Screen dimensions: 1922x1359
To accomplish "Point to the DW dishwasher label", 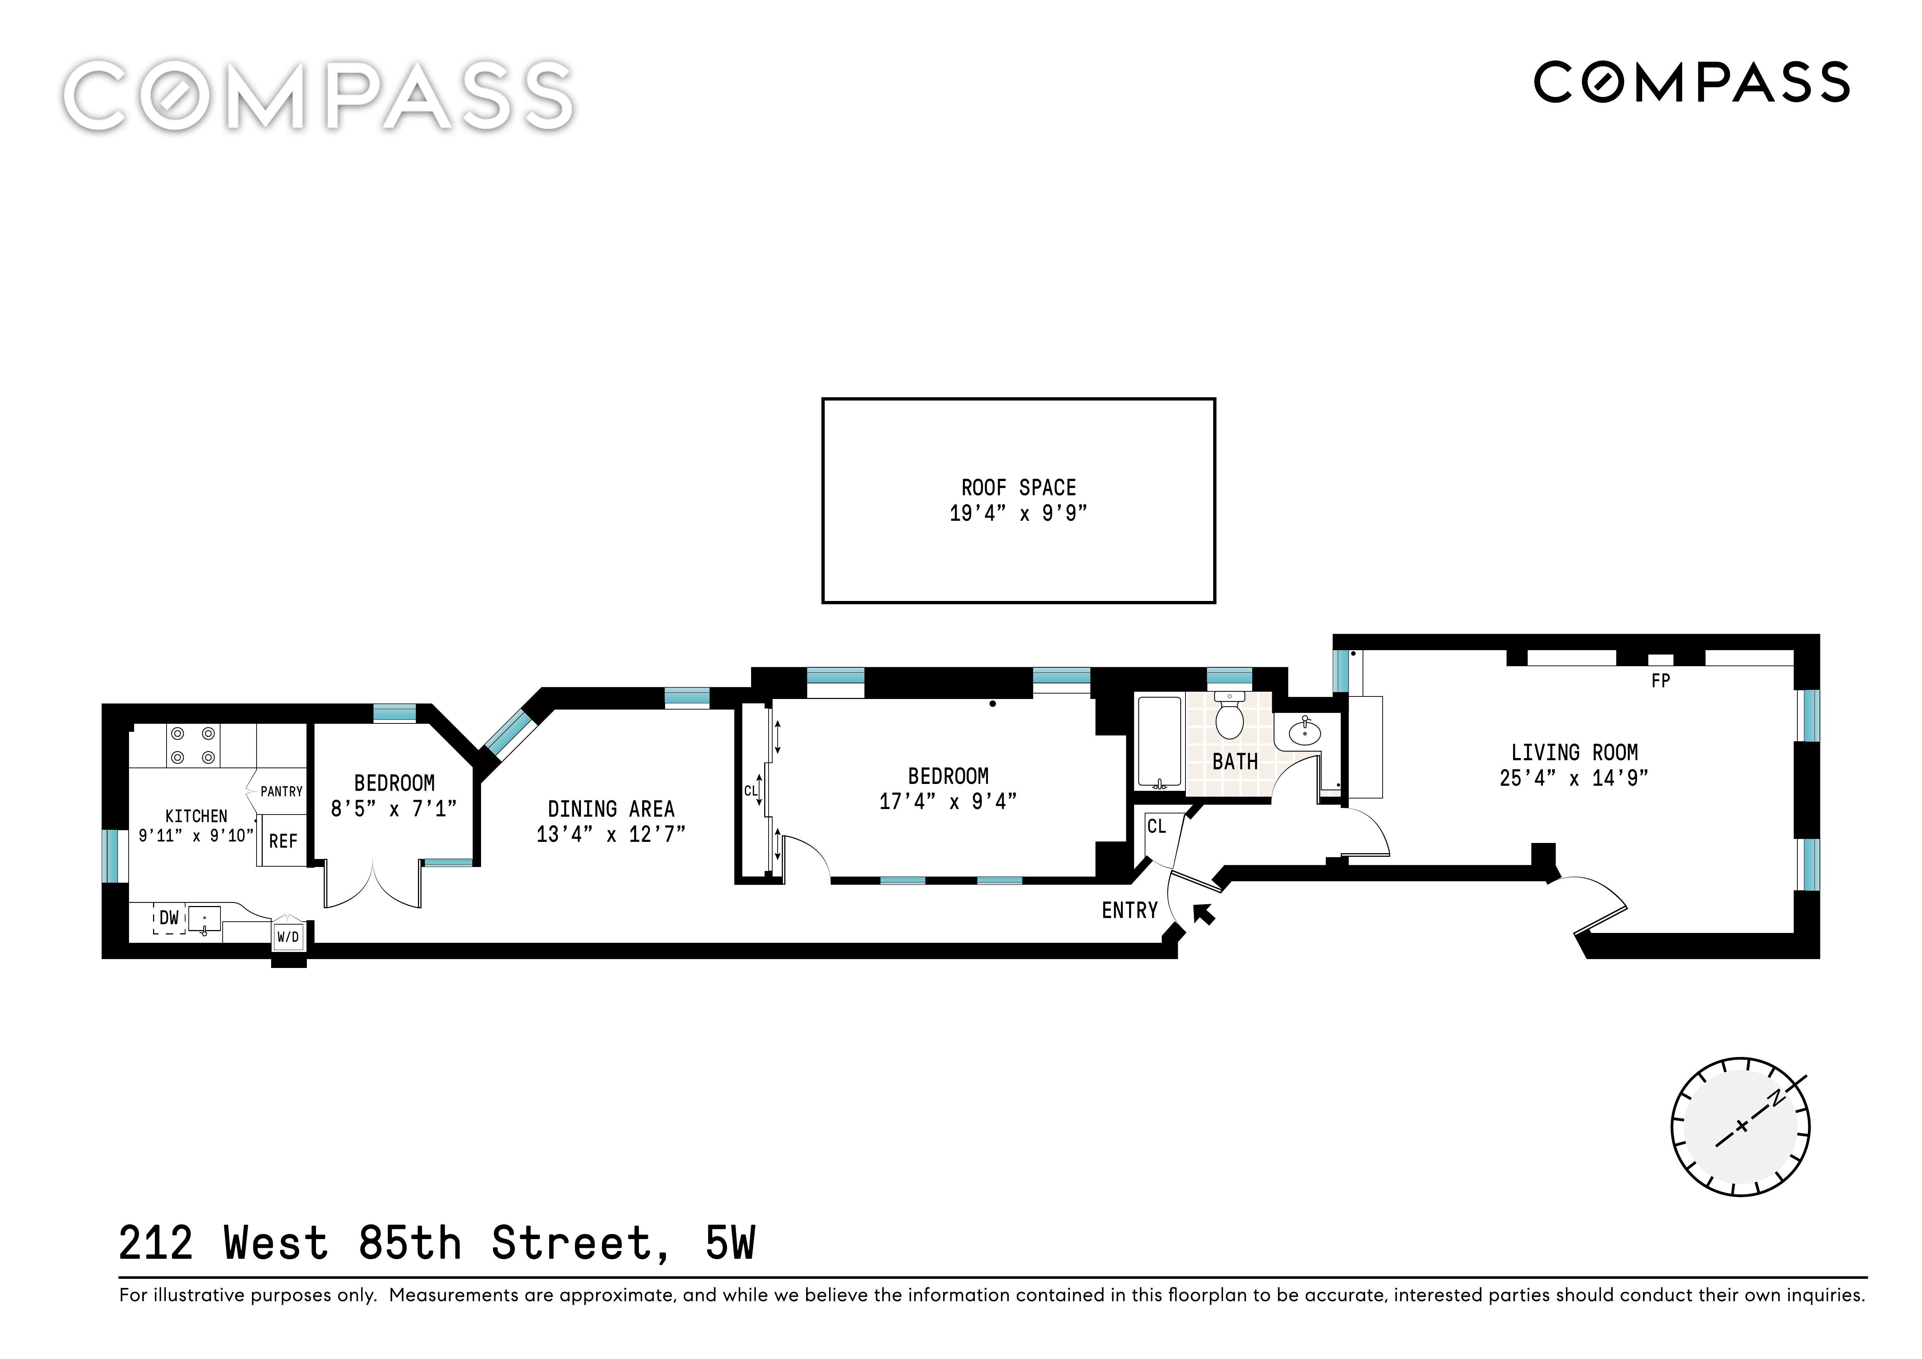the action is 169,918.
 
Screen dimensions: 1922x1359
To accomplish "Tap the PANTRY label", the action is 281,791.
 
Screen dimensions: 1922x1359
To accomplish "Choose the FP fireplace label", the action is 1660,681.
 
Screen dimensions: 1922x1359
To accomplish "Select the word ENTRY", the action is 1129,910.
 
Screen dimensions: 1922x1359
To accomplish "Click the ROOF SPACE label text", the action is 1018,487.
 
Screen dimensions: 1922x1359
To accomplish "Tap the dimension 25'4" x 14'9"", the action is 1574,778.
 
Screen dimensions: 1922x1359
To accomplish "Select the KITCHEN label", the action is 196,816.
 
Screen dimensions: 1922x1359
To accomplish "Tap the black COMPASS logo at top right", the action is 1691,82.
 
